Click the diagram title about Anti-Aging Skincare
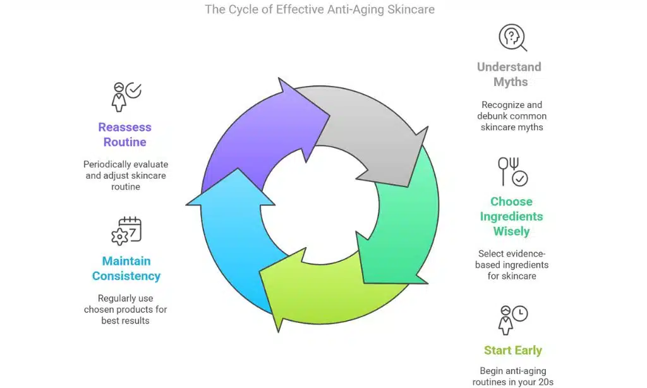[x=319, y=10]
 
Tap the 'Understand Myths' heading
[x=509, y=75]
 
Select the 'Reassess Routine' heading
[x=124, y=135]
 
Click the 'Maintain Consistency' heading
[x=126, y=269]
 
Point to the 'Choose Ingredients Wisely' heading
[x=511, y=216]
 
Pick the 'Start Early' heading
[x=513, y=351]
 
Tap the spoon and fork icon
[x=512, y=171]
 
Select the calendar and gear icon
[x=126, y=231]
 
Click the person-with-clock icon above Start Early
[x=512, y=320]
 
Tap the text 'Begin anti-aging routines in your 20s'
[x=512, y=377]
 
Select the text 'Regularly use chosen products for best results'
[x=126, y=310]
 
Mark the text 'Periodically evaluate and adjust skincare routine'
[x=126, y=175]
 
